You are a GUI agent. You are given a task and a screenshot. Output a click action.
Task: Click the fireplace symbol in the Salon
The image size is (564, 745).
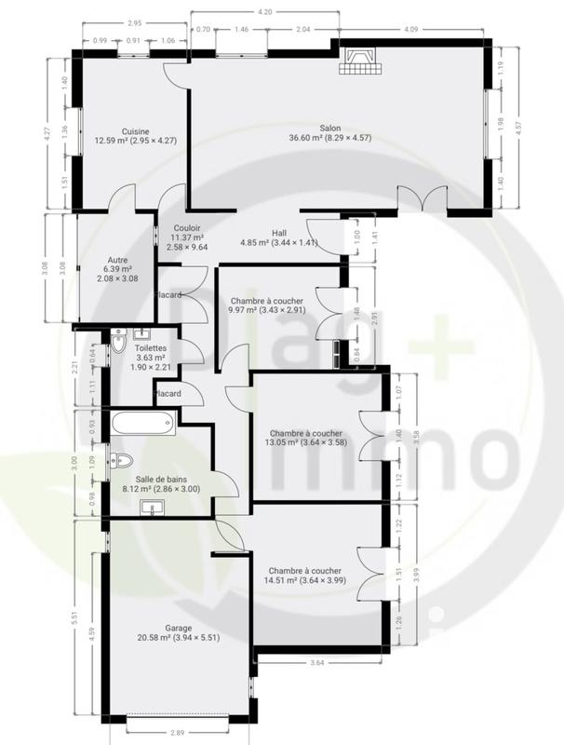click(359, 62)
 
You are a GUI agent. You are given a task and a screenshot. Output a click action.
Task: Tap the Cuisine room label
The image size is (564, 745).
click(136, 131)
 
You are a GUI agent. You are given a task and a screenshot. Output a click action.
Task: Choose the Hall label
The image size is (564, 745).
click(278, 233)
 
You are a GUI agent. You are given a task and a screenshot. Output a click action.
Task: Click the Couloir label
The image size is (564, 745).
click(187, 228)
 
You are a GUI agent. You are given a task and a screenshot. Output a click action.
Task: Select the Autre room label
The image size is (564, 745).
click(117, 261)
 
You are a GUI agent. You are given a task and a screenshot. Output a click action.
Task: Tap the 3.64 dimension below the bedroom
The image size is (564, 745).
click(316, 663)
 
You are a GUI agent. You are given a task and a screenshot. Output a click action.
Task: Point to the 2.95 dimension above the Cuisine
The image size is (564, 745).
click(134, 21)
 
